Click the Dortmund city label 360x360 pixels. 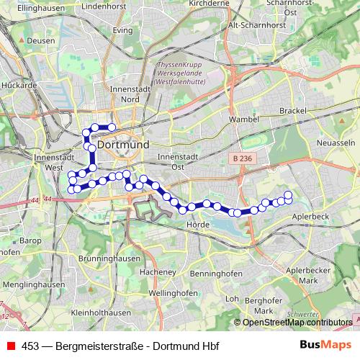tap(123, 144)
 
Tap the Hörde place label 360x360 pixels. tap(197, 225)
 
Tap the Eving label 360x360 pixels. tap(123, 31)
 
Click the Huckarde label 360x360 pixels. tap(20, 85)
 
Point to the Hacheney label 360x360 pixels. tap(158, 272)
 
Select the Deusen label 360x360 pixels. tap(41, 41)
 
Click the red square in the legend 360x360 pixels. tap(11, 345)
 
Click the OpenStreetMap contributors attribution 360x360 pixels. tap(297, 323)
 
